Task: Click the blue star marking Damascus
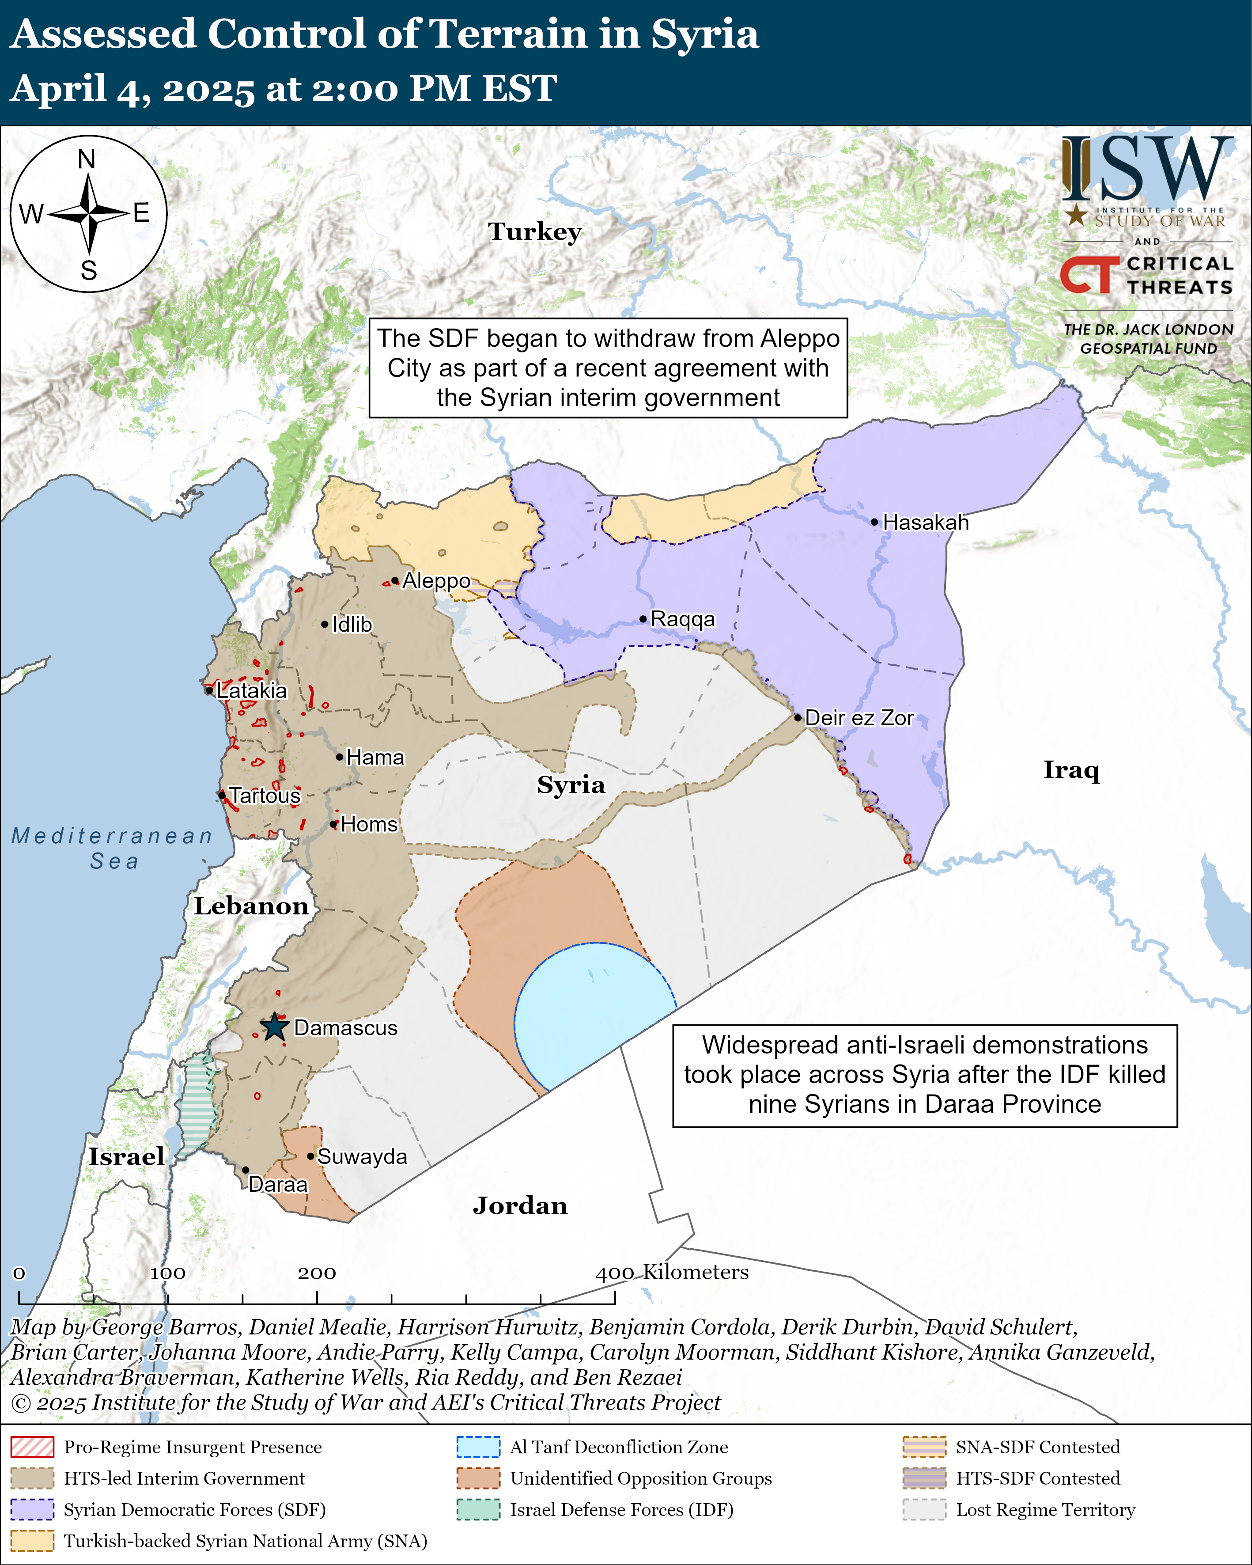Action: (x=274, y=1027)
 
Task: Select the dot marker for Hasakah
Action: (x=875, y=522)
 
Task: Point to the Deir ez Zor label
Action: (x=859, y=718)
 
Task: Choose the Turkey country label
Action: (x=535, y=231)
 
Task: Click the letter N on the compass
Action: (x=87, y=159)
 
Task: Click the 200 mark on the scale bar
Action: (x=317, y=1273)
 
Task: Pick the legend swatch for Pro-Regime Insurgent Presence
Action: (x=32, y=1447)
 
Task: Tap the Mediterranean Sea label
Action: (x=113, y=848)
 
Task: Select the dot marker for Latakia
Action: (x=209, y=690)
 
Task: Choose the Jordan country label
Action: (x=520, y=1206)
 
